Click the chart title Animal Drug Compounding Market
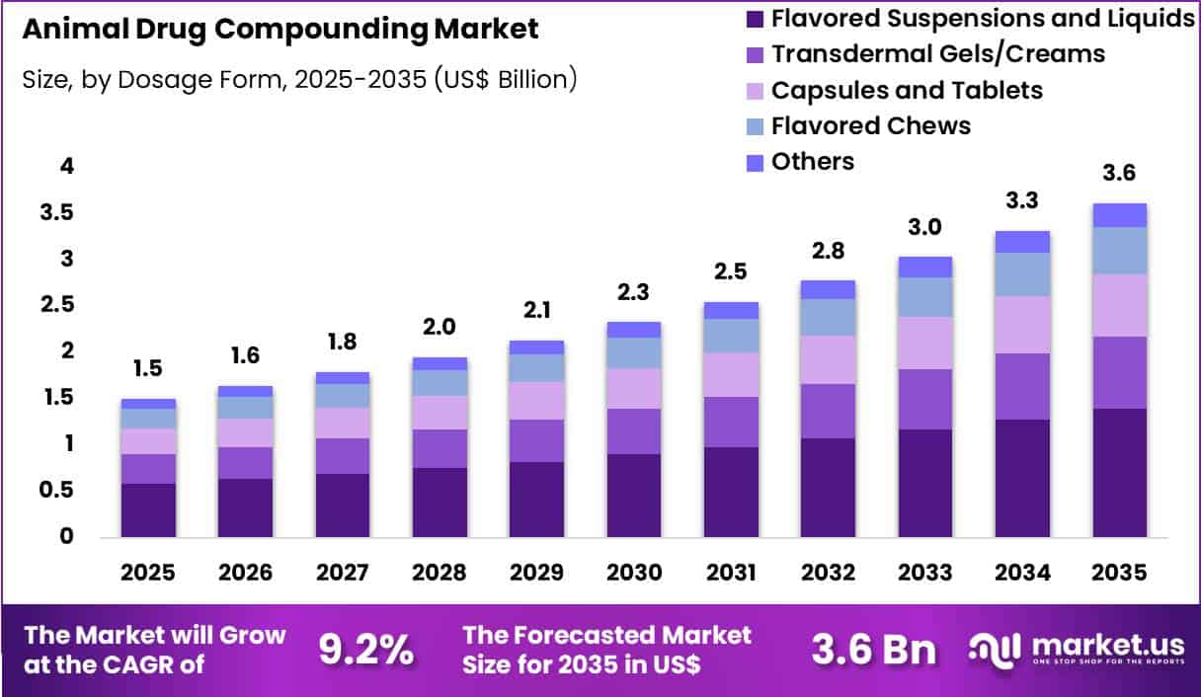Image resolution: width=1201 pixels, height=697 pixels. pyautogui.click(x=280, y=30)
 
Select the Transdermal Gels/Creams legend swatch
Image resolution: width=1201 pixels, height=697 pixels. pyautogui.click(x=757, y=54)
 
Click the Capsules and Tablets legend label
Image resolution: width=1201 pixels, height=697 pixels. pyautogui.click(x=906, y=90)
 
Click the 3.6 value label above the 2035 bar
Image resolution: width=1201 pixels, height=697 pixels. pyautogui.click(x=1119, y=174)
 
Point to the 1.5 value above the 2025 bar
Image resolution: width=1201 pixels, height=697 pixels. pyautogui.click(x=148, y=369)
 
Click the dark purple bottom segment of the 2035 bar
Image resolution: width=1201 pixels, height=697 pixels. pyautogui.click(x=1119, y=473)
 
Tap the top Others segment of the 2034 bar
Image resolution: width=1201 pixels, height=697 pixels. pyautogui.click(x=1022, y=242)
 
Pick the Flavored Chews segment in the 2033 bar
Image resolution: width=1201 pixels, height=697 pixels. pyautogui.click(x=925, y=297)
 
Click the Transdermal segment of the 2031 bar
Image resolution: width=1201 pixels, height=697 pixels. pyautogui.click(x=731, y=422)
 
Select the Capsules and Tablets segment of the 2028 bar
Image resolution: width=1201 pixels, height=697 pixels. pyautogui.click(x=440, y=413)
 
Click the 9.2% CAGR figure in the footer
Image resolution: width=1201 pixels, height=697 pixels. pyautogui.click(x=365, y=650)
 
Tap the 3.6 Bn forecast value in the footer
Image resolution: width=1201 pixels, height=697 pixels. pyautogui.click(x=874, y=650)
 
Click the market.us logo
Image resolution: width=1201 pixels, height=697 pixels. pyautogui.click(x=1077, y=650)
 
